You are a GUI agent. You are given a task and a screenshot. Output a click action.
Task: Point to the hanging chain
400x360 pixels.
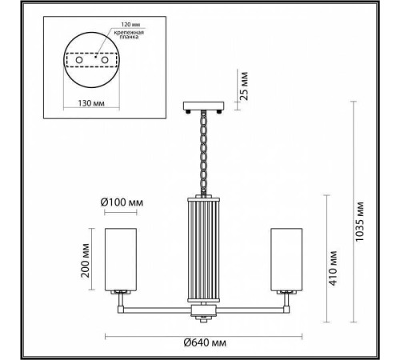[203, 152]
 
